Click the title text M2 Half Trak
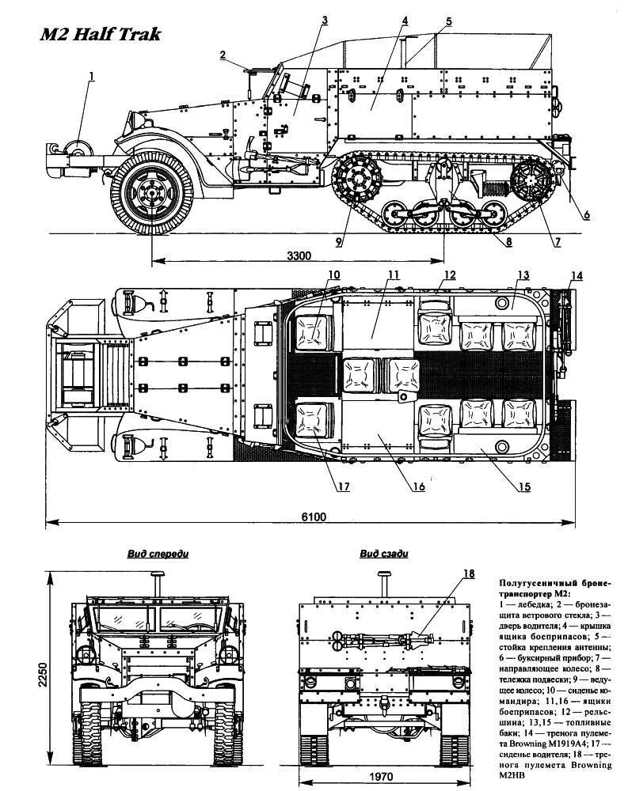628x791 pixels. point(101,34)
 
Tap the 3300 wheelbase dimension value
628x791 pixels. point(299,255)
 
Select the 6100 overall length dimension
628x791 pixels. point(314,517)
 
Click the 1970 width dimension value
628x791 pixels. point(381,777)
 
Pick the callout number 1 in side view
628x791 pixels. point(91,76)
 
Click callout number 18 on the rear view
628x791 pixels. point(469,573)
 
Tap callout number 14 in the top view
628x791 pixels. point(577,276)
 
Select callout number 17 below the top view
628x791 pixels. point(344,486)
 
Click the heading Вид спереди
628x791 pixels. point(158,554)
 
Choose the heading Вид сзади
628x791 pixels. point(384,554)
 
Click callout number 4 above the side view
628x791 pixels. point(405,21)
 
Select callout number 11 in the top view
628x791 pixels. point(394,275)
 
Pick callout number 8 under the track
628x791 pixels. point(508,242)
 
